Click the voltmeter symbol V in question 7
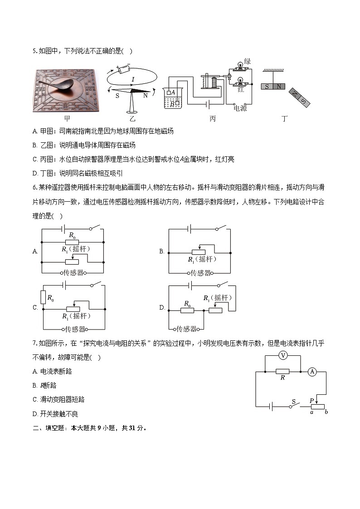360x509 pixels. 283,356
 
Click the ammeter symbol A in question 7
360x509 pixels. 312,372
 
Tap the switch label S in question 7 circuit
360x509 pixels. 293,401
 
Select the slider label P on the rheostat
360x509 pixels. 311,401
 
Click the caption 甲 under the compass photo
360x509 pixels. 67,119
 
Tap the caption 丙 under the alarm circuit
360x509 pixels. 213,119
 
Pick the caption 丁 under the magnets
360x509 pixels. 285,119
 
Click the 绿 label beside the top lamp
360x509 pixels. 247,62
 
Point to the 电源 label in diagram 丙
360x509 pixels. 240,108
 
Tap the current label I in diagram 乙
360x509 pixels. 132,80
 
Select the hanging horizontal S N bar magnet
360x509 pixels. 273,87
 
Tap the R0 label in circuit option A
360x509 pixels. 72,235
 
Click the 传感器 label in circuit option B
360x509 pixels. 200,273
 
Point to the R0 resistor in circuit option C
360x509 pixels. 44,297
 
